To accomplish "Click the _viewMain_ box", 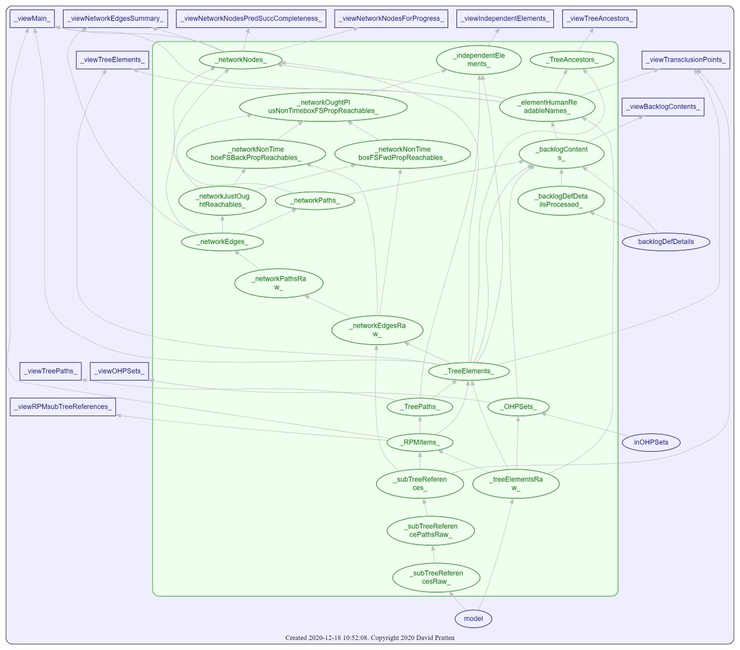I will (33, 18).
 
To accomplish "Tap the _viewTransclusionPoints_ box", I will (686, 60).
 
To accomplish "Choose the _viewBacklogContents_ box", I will (663, 107).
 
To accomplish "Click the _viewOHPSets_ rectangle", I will (120, 371).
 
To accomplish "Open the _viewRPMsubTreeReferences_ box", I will (63, 407).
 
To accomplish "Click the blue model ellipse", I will (474, 619).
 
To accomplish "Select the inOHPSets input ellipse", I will (651, 442).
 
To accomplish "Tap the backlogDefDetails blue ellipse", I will (665, 242).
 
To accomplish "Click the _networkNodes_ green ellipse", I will (240, 60).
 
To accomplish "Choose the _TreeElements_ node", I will (469, 371).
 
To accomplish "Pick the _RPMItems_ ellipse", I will (420, 442).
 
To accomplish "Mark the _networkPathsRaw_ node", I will (279, 283).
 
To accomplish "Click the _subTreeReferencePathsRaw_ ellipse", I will (431, 530).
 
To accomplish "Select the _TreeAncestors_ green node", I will (571, 60).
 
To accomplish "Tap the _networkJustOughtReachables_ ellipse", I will (222, 200).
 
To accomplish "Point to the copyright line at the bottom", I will (370, 637).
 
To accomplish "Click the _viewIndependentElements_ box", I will (505, 18).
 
